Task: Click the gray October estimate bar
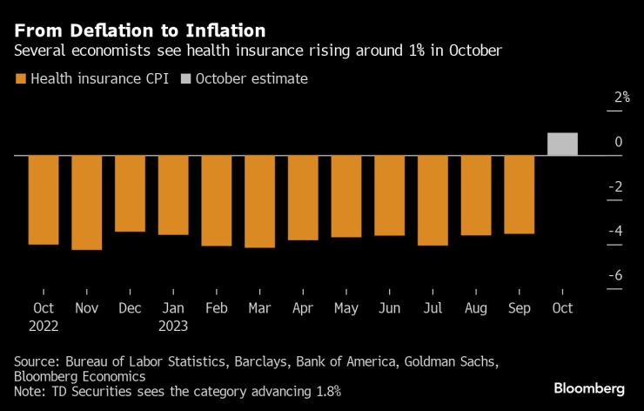(x=562, y=145)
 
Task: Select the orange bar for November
(x=87, y=202)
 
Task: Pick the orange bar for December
(x=130, y=193)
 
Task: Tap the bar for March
(x=259, y=201)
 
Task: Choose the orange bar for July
(x=433, y=200)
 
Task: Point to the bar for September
(x=519, y=194)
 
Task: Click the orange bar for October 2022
(x=44, y=199)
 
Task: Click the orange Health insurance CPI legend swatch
(x=21, y=79)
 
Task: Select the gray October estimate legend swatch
(x=186, y=79)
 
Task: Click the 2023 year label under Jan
(x=174, y=326)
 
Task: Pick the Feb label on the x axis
(x=216, y=308)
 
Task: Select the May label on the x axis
(x=346, y=308)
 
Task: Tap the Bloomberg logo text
(x=589, y=387)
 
